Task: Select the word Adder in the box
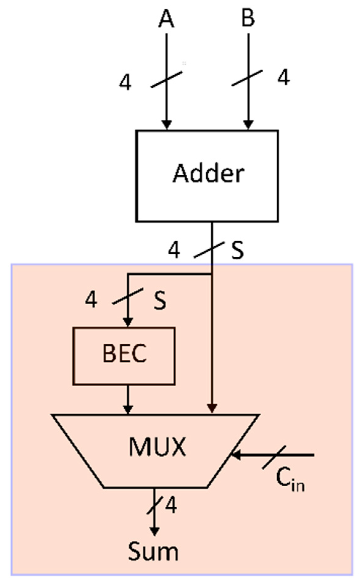click(209, 173)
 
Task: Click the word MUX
click(157, 447)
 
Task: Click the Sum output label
click(153, 552)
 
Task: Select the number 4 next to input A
click(125, 83)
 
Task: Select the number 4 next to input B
click(283, 77)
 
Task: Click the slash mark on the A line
click(167, 79)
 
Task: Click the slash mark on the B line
click(247, 78)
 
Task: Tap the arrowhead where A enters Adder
click(167, 124)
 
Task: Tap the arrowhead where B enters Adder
click(248, 124)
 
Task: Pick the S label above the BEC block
click(160, 300)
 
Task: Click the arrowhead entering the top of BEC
click(128, 322)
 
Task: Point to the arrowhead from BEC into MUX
click(128, 409)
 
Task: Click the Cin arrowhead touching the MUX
click(236, 455)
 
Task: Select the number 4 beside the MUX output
click(171, 506)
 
